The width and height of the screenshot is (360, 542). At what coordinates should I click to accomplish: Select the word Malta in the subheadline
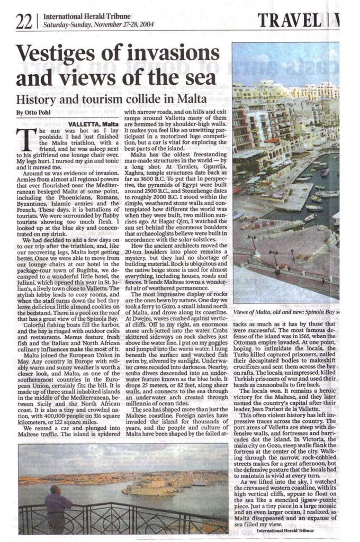point(193,98)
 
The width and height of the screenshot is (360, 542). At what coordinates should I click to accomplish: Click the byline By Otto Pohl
point(34,113)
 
